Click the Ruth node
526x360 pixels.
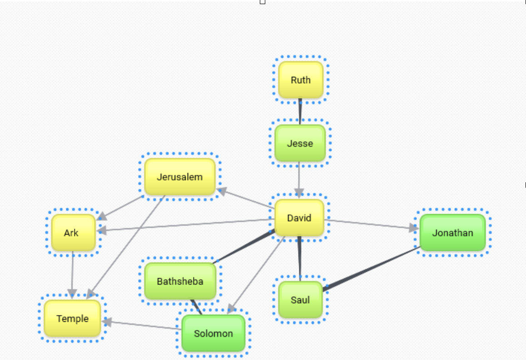point(300,80)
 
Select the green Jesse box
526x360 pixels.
point(300,143)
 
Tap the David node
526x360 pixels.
point(299,218)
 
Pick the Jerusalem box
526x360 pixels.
point(179,177)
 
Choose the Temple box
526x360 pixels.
point(72,318)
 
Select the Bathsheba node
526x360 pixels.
point(180,281)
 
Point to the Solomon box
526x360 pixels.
point(213,333)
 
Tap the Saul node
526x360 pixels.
point(300,300)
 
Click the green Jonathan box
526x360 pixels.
point(452,233)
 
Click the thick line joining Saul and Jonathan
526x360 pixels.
point(370,268)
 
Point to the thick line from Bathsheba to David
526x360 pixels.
point(245,246)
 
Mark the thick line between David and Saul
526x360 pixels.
point(300,257)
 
